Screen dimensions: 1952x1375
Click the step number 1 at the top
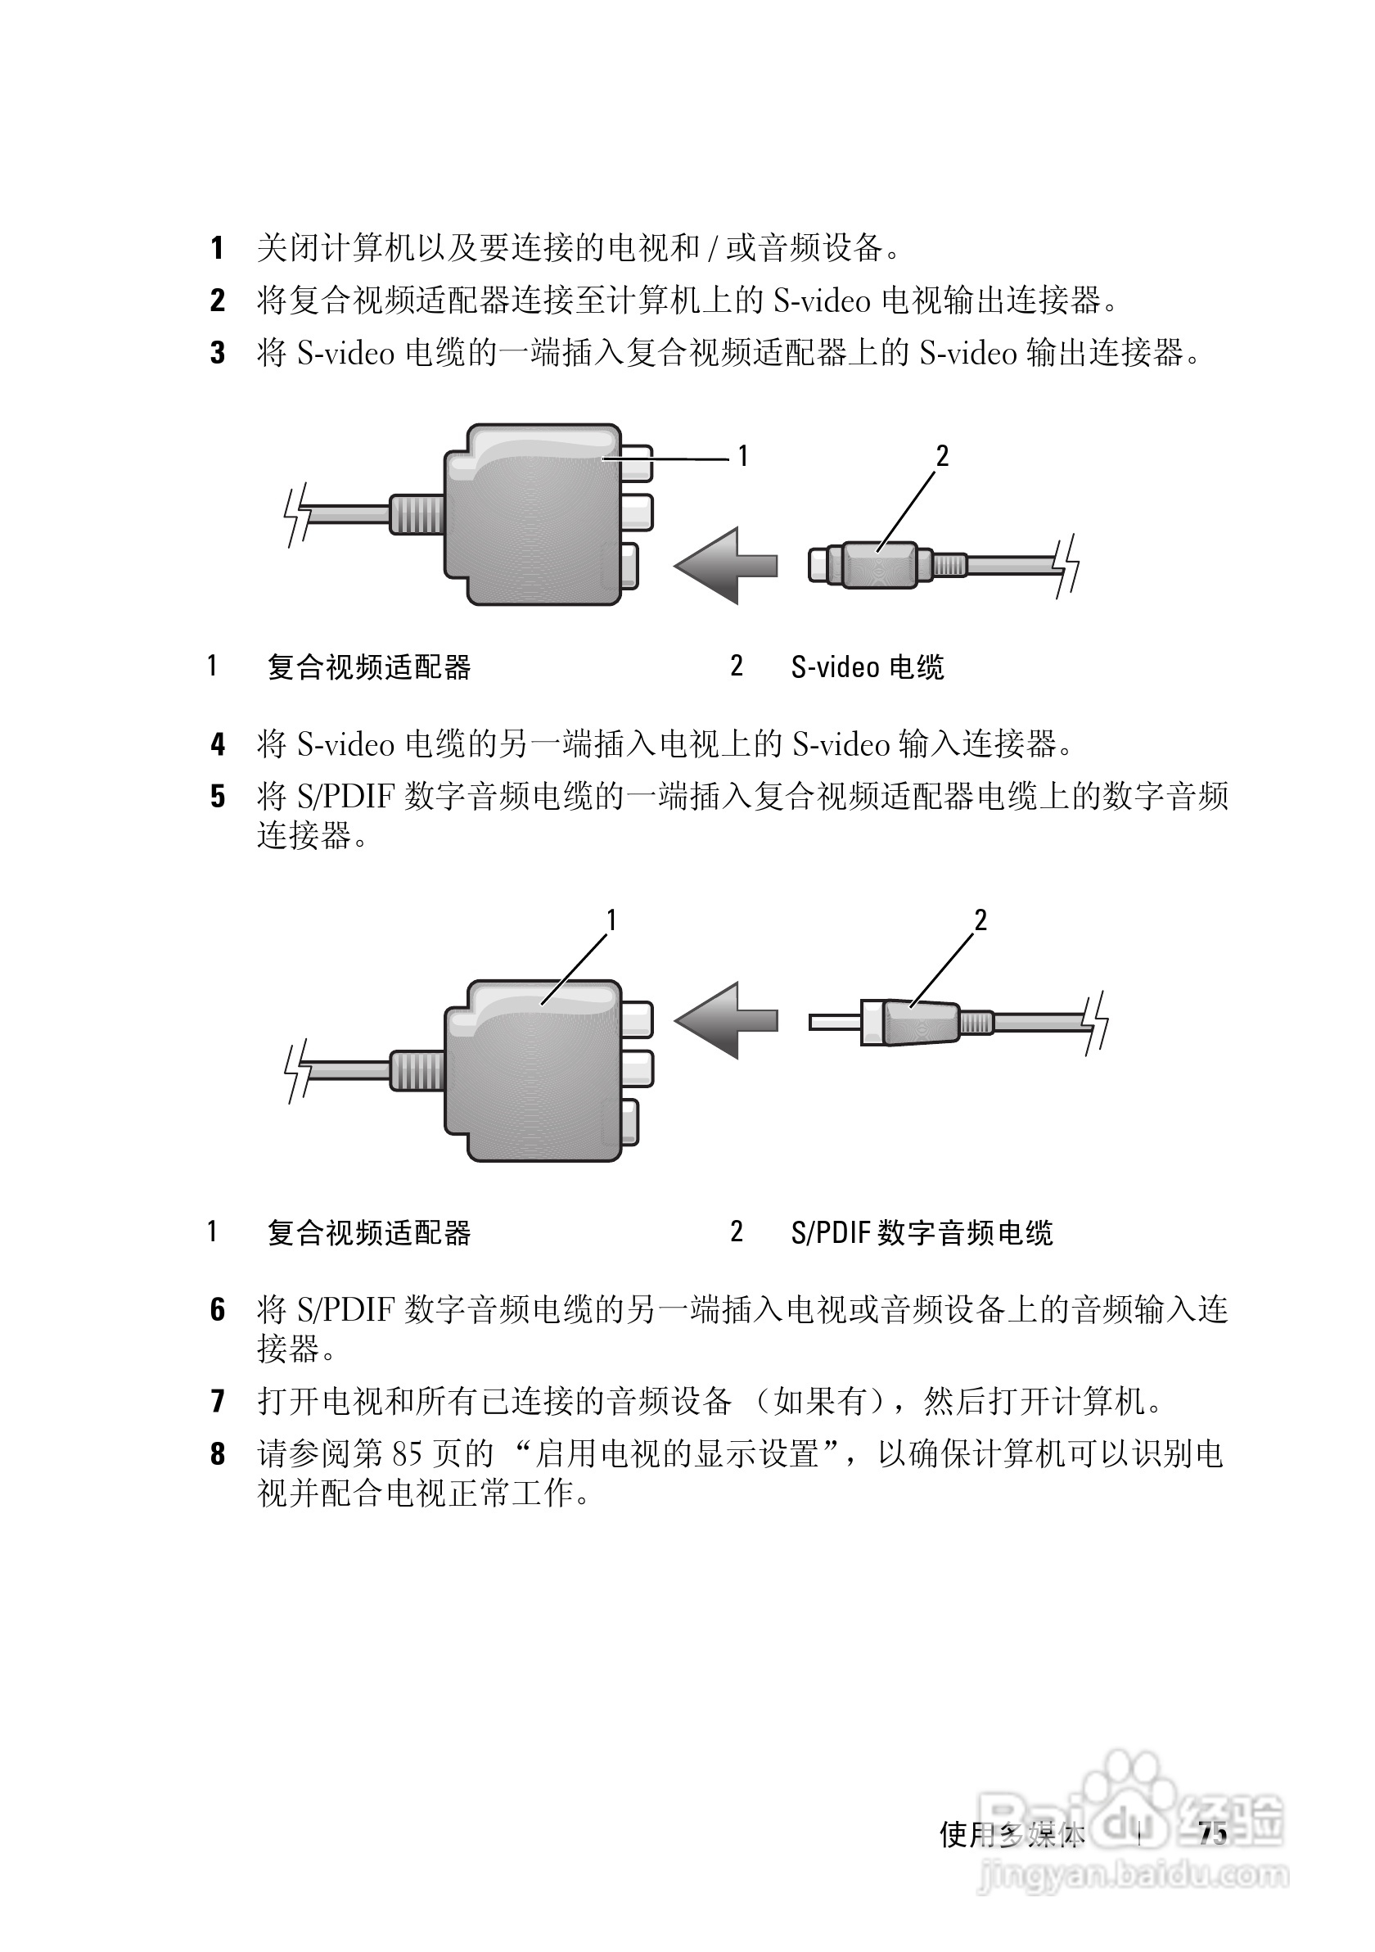(218, 248)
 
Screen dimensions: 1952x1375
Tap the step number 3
(218, 352)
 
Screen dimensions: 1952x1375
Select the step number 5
(218, 797)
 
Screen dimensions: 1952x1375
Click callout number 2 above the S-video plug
(941, 457)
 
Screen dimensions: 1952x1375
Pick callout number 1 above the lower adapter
(611, 920)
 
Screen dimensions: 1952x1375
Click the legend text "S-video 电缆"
(867, 667)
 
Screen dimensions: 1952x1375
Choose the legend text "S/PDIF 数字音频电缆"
(922, 1233)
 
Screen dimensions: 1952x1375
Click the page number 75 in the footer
(1214, 1834)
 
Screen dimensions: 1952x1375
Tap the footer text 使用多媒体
(1012, 1835)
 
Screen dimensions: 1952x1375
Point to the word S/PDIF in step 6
(345, 1310)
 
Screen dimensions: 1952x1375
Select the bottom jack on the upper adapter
(629, 565)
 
